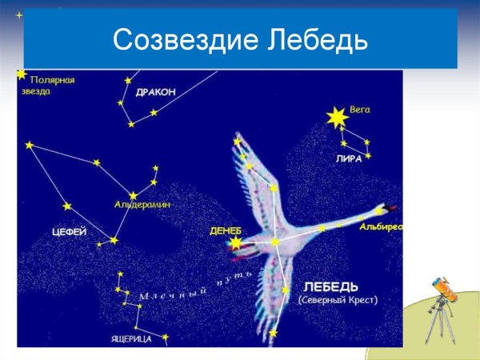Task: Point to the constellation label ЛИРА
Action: click(x=349, y=158)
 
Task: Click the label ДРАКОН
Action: click(x=155, y=92)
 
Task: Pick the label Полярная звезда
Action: click(x=53, y=86)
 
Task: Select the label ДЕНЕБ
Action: click(x=225, y=230)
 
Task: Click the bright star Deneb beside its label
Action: click(x=236, y=242)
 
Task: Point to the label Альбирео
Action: click(x=381, y=227)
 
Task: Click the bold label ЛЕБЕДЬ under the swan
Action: click(x=331, y=286)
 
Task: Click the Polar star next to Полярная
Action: click(x=22, y=74)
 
